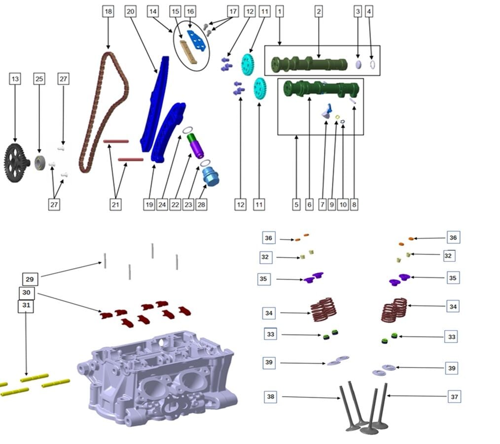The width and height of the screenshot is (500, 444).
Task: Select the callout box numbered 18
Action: (108, 11)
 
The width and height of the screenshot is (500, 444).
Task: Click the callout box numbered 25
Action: (39, 78)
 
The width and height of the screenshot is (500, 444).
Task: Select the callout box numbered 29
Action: (30, 278)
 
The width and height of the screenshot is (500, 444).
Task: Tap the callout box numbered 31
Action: (26, 306)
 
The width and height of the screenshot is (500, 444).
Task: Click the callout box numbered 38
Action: (271, 396)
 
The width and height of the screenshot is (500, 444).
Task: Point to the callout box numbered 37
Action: (455, 396)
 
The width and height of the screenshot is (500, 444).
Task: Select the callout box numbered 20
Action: (130, 11)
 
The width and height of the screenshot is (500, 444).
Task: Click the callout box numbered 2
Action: (319, 11)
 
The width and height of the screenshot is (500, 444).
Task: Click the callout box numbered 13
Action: (16, 78)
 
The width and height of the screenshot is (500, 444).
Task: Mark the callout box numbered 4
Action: (368, 11)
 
